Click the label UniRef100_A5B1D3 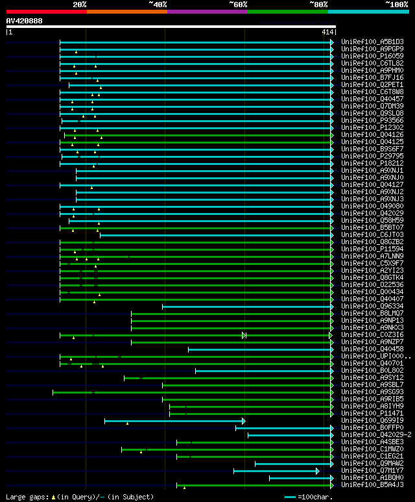coord(372,42)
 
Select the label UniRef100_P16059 coord(372,56)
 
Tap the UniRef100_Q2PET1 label coord(372,84)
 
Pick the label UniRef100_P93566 coord(372,120)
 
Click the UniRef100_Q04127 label coord(372,184)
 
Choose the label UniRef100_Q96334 coord(372,306)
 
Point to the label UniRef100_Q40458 coord(372,349)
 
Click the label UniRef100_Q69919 coord(372,420)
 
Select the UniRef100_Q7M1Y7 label coord(372,470)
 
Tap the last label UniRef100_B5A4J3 coord(372,484)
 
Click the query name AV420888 coord(25,21)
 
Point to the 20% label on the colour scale coord(79,5)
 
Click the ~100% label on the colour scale coord(396,5)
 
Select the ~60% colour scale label coord(237,5)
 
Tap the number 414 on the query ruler coord(326,32)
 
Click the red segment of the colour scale coord(46,12)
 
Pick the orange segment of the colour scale coord(126,12)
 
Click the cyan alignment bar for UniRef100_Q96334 coord(247,306)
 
